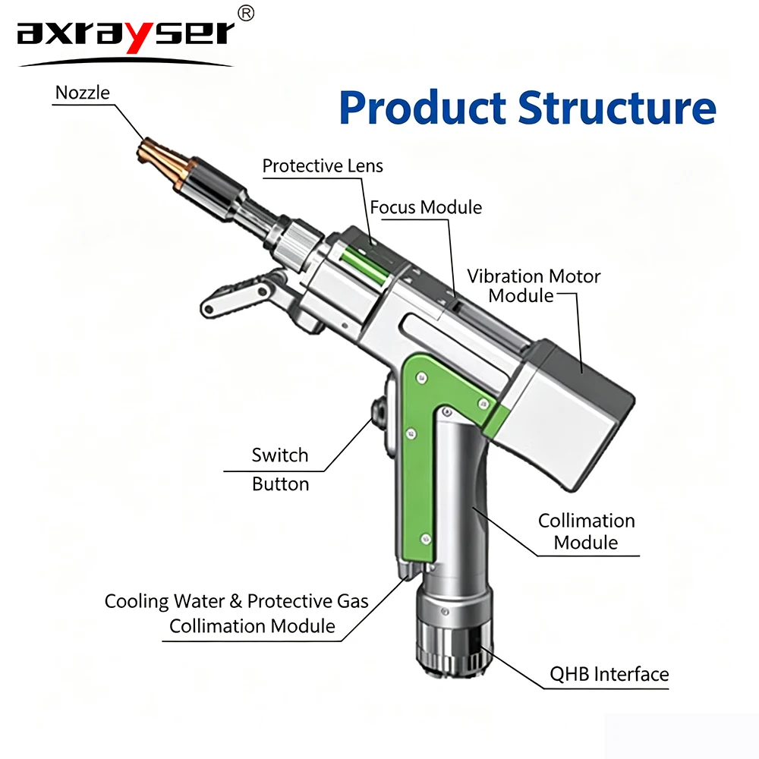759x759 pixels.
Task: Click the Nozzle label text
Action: [82, 93]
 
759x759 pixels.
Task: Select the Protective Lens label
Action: [323, 166]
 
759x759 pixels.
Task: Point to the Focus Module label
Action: [426, 207]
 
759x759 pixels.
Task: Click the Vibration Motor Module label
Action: [534, 285]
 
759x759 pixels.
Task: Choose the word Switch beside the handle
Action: [280, 455]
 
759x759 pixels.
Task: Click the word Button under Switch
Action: [280, 484]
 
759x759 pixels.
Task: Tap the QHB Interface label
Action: [609, 674]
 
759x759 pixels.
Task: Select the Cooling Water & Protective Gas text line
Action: [236, 601]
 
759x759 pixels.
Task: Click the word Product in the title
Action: [423, 108]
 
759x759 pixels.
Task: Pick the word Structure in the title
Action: [617, 108]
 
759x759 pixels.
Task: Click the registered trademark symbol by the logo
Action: [246, 13]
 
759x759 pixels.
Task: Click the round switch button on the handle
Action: [378, 410]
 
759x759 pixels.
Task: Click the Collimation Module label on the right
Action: [586, 531]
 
